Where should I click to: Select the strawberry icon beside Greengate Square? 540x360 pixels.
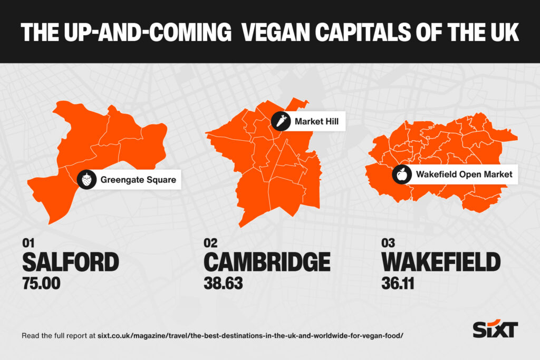click(88, 180)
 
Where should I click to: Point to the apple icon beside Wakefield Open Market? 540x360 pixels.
click(401, 174)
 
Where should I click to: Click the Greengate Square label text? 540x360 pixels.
click(134, 180)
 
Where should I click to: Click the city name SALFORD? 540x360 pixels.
click(70, 262)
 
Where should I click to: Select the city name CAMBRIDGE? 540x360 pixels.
click(267, 262)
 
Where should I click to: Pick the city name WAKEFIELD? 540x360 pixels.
click(440, 262)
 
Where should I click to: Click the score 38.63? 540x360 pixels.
click(223, 284)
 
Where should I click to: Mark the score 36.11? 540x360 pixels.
click(398, 284)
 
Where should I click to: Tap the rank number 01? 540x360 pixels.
click(28, 244)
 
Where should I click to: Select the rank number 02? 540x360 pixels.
click(210, 244)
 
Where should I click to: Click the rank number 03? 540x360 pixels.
click(388, 244)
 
